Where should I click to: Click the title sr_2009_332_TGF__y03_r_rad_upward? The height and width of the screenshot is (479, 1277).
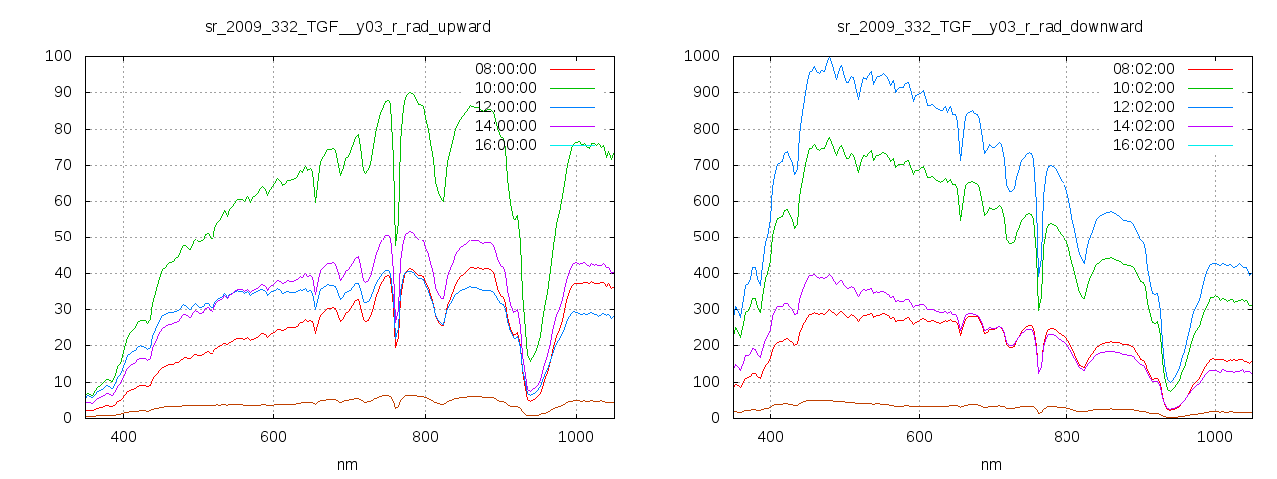[347, 26]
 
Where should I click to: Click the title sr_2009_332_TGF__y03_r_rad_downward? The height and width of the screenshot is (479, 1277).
[990, 26]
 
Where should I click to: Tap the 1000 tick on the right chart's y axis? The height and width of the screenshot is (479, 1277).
[702, 56]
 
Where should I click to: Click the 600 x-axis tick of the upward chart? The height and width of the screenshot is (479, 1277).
[274, 436]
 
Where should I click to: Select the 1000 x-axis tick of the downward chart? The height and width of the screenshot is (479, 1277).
[1214, 436]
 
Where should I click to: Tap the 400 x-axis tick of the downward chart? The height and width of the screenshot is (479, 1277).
[770, 436]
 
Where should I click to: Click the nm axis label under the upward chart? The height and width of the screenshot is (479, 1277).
[347, 464]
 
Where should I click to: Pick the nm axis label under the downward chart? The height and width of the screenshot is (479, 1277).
[990, 464]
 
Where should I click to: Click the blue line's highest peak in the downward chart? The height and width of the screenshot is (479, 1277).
[829, 58]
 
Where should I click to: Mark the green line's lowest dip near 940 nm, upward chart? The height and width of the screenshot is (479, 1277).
[531, 360]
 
